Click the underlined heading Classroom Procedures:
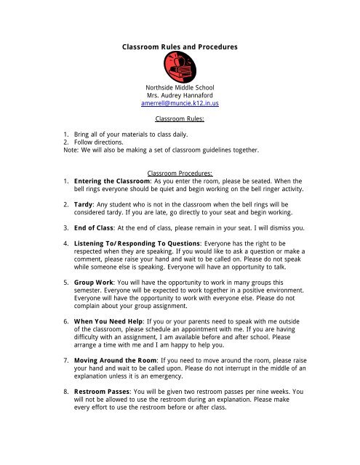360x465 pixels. [x=179, y=174]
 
